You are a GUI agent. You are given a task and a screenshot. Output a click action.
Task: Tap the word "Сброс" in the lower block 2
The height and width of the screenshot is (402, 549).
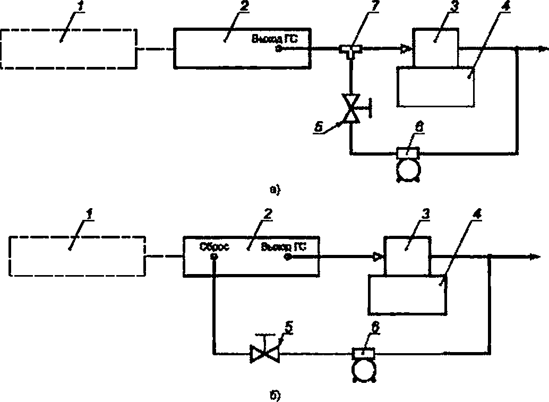click(214, 246)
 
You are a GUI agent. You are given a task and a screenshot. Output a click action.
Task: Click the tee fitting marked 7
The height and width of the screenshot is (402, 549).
click(350, 50)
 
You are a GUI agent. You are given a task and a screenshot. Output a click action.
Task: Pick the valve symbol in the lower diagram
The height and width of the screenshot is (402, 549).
click(264, 352)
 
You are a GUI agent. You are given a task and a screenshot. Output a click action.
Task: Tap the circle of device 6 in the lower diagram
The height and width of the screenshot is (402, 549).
click(364, 369)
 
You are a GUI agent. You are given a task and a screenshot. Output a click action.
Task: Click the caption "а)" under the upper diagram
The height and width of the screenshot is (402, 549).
click(274, 188)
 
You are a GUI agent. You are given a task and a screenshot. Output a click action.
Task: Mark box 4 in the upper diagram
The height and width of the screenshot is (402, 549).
click(436, 85)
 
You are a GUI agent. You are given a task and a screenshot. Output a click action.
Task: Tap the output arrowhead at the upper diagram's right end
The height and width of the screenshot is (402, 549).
click(542, 49)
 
